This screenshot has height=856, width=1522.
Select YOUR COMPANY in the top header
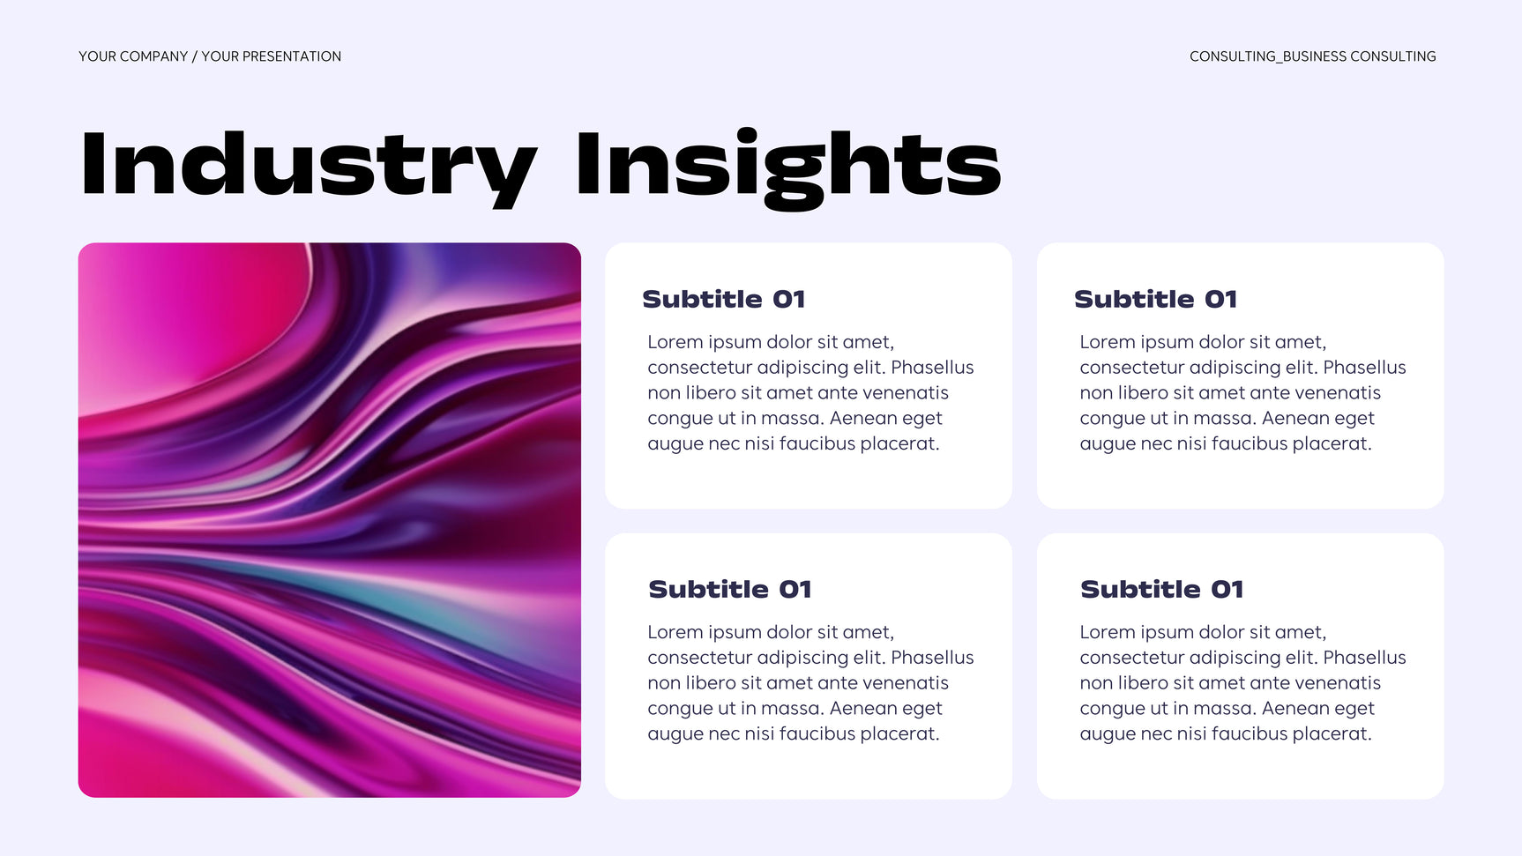133,56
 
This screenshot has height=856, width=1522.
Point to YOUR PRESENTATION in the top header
271,56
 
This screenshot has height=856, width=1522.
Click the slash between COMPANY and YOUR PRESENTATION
195,56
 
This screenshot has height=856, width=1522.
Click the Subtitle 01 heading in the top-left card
724,299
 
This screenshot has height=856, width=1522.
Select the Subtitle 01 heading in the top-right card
1156,299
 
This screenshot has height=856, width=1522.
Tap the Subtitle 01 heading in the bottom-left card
730,589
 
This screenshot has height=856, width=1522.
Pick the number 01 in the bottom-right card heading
1227,589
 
